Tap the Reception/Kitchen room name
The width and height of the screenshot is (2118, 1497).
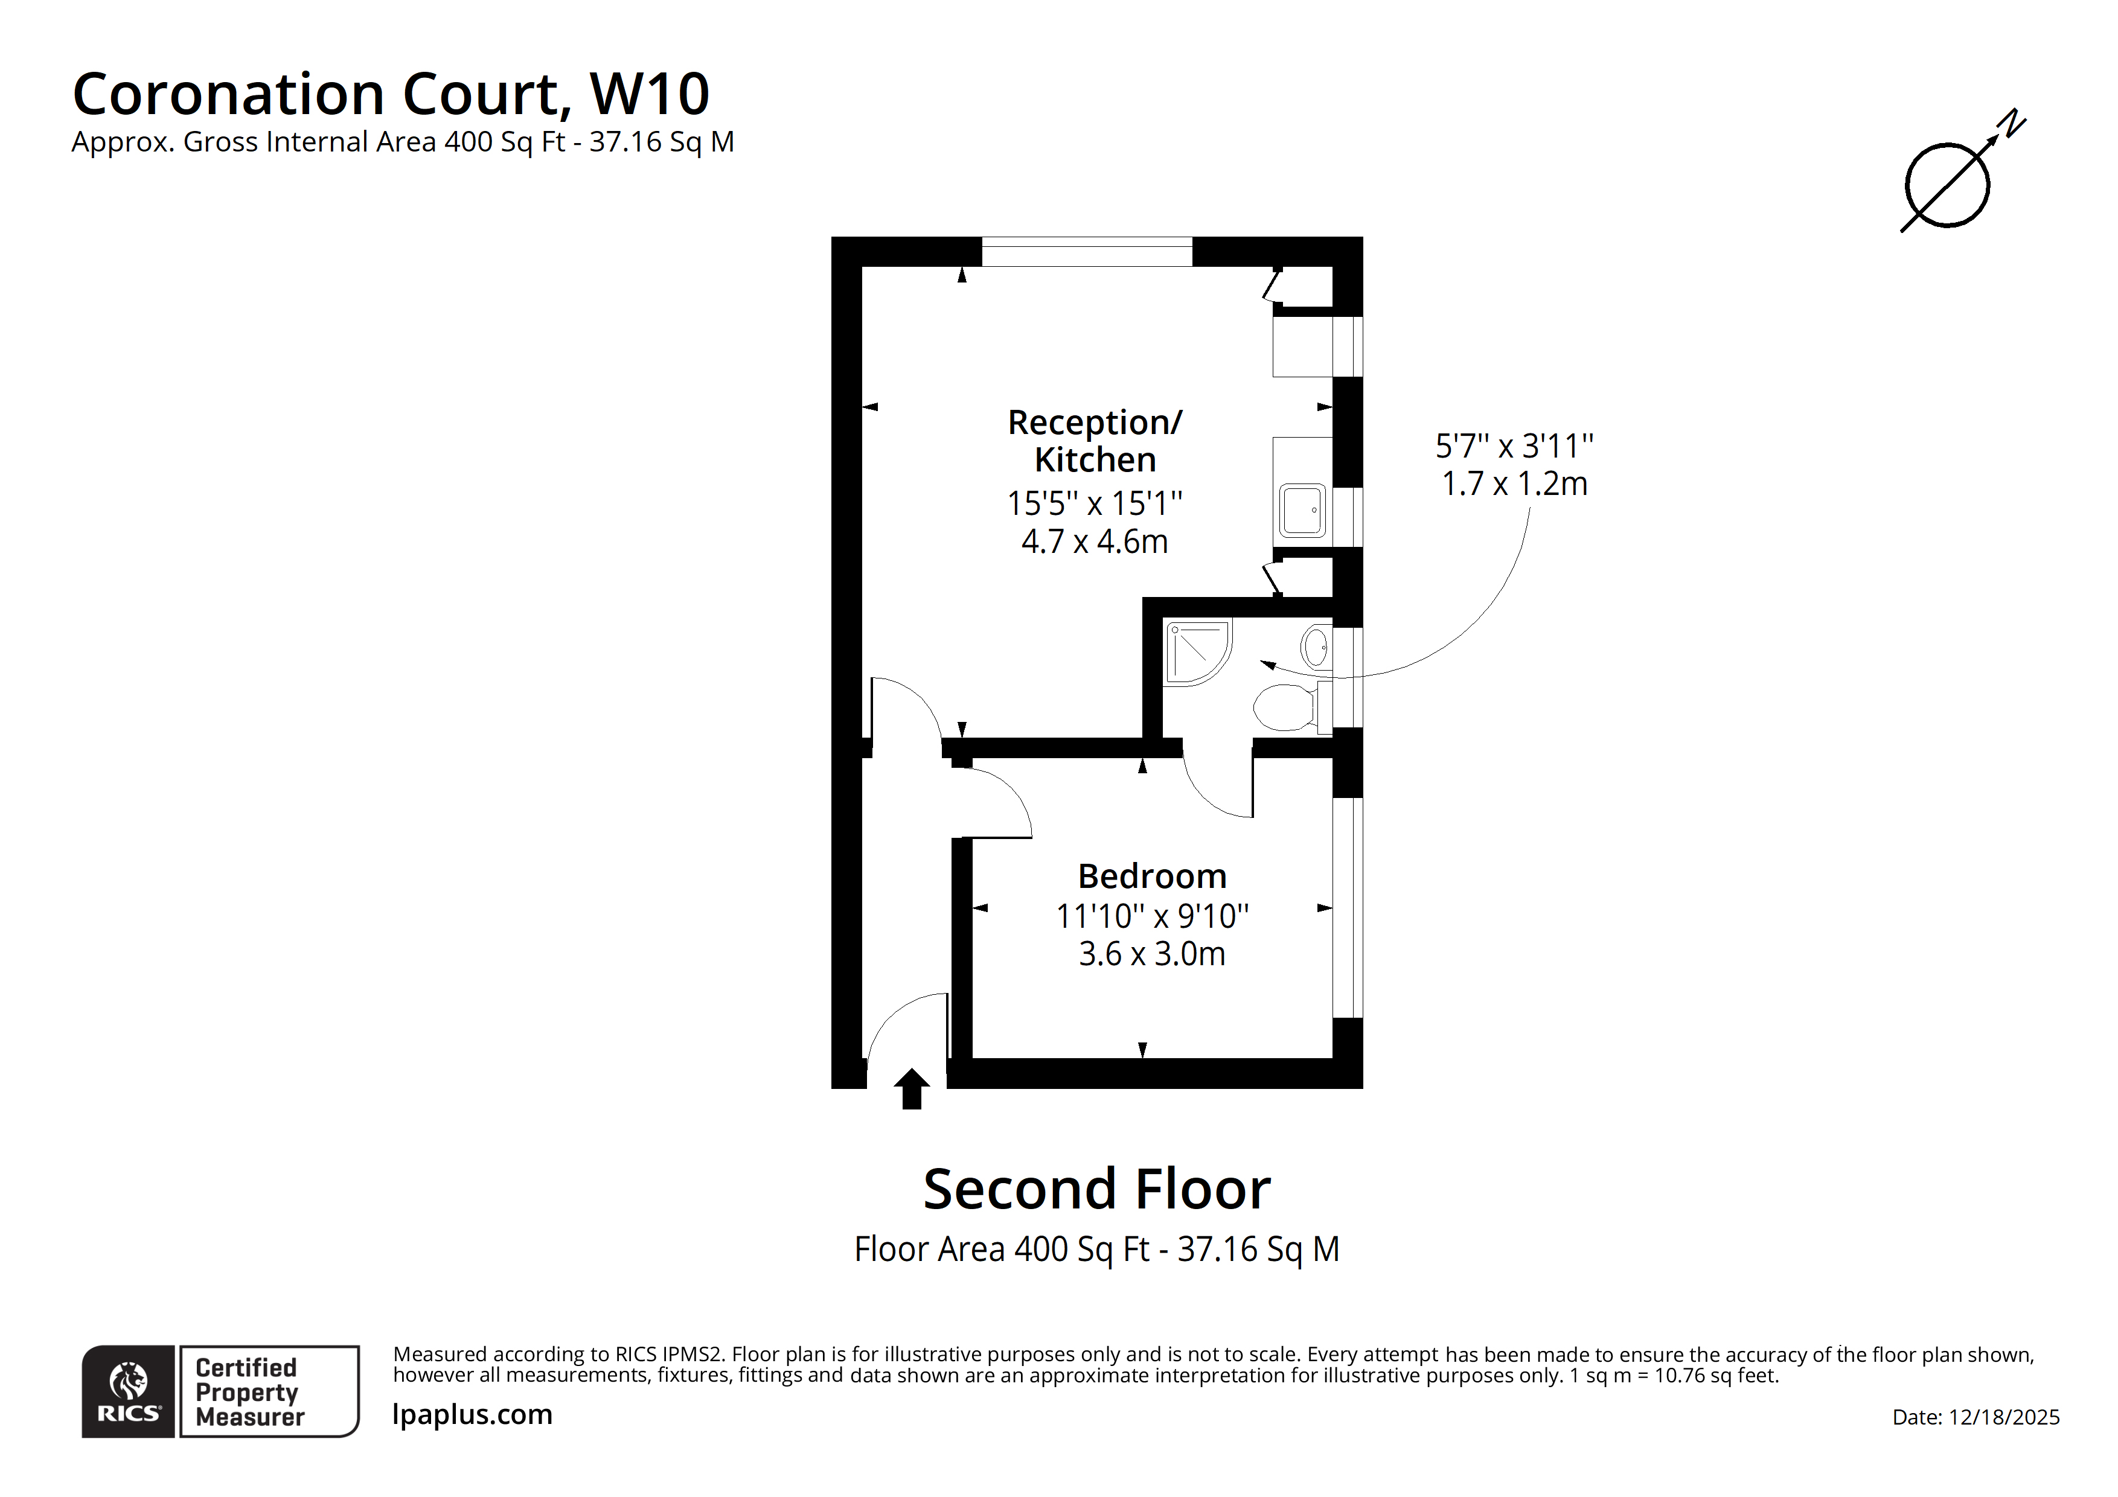coord(1095,441)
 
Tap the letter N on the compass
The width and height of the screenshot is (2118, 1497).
coord(2011,124)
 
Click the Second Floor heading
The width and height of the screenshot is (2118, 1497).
coord(1097,1189)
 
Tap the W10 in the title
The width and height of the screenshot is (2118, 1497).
coord(650,94)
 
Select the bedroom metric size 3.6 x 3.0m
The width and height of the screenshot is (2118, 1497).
coord(1152,954)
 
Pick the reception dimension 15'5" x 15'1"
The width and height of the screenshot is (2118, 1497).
coord(1095,503)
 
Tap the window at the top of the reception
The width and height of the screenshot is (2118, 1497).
coord(1087,252)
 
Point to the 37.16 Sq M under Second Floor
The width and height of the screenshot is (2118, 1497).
coord(1258,1250)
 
